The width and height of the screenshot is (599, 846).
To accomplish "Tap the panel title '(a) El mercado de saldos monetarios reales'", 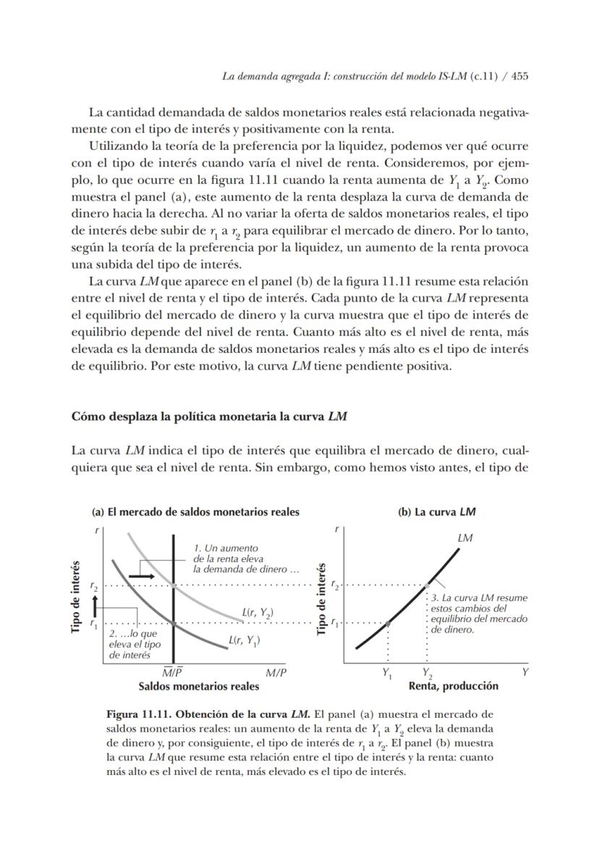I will (195, 512).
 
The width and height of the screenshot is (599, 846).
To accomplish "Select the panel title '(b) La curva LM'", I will (437, 512).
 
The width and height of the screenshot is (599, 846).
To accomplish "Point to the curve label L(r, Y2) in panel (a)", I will (258, 613).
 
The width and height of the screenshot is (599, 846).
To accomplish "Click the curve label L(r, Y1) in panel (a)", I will (245, 640).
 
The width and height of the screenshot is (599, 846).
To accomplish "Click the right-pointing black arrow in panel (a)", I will (141, 575).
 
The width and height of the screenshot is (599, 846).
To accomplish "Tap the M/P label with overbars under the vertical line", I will (172, 672).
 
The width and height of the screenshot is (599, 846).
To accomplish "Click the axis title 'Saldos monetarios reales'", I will (198, 686).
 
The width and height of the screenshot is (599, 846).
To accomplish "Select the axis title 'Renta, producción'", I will (454, 686).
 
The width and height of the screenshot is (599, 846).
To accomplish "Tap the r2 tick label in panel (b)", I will (334, 584).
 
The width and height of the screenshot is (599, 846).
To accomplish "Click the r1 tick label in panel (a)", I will (93, 621).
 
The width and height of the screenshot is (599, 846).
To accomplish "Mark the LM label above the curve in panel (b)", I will (465, 538).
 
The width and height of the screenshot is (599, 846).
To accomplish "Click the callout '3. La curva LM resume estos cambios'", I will (478, 613).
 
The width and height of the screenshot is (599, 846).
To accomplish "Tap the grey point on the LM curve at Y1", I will (388, 622).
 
